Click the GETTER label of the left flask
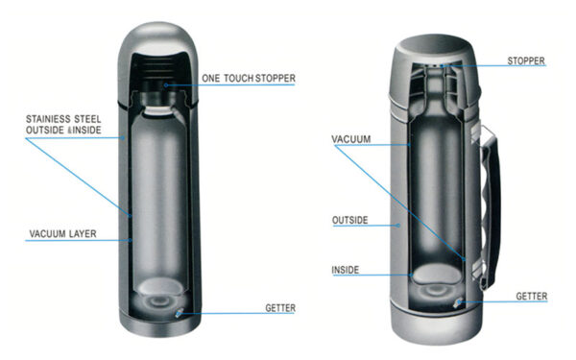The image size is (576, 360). click(x=280, y=308)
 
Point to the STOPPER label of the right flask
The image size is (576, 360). click(x=526, y=61)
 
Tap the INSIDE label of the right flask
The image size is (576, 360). click(x=346, y=270)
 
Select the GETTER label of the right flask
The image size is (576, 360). click(x=531, y=297)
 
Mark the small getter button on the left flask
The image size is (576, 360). click(x=179, y=312)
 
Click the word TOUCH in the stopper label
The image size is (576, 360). click(x=248, y=78)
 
